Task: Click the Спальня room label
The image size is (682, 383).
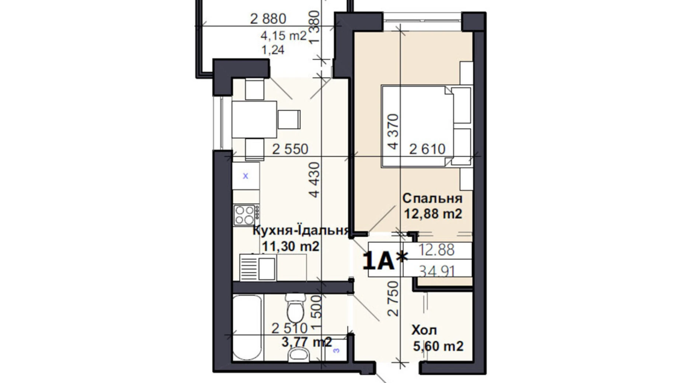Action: click(x=432, y=198)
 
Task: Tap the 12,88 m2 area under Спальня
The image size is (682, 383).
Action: click(x=433, y=214)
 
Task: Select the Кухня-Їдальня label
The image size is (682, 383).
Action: click(x=300, y=231)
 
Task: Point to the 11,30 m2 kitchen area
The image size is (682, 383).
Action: click(x=290, y=246)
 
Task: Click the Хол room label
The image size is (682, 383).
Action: click(x=424, y=330)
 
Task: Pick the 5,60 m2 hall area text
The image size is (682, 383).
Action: click(x=438, y=346)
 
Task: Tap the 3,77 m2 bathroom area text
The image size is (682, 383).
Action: click(x=306, y=342)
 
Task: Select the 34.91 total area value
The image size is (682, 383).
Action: click(x=437, y=271)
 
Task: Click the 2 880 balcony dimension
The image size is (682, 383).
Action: click(x=268, y=19)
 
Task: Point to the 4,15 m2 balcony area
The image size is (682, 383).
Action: click(x=283, y=36)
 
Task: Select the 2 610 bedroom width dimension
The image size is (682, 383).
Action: click(x=427, y=149)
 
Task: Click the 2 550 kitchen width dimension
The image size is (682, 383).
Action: click(x=290, y=149)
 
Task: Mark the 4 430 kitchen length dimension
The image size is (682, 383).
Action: click(x=314, y=180)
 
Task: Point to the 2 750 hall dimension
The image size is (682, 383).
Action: click(x=394, y=298)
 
